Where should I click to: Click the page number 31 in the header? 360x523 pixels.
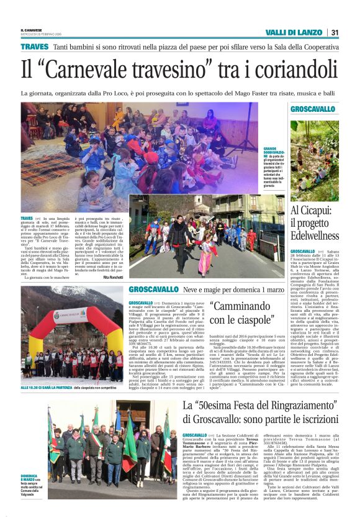pyautogui.click(x=335, y=32)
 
